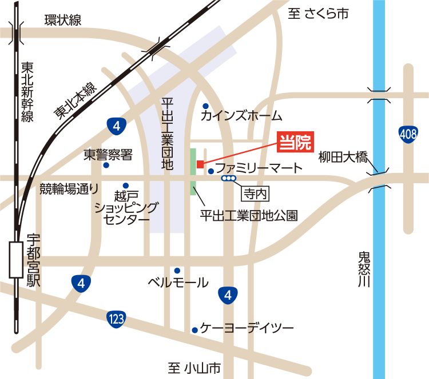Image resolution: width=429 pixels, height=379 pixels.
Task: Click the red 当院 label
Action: (296, 143)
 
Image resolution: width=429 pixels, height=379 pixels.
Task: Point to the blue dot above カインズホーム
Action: (205, 106)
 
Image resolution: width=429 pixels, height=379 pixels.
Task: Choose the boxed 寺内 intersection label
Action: (255, 193)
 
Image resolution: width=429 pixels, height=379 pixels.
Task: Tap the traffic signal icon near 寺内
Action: (228, 179)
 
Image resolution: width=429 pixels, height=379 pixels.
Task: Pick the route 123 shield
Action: (116, 320)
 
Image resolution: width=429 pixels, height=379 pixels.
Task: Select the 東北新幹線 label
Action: (26, 92)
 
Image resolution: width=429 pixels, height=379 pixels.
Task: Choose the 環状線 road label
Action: (63, 21)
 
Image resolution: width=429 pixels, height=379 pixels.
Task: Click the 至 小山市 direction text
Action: (194, 368)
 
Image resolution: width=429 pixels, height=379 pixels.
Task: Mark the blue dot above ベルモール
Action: (177, 271)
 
